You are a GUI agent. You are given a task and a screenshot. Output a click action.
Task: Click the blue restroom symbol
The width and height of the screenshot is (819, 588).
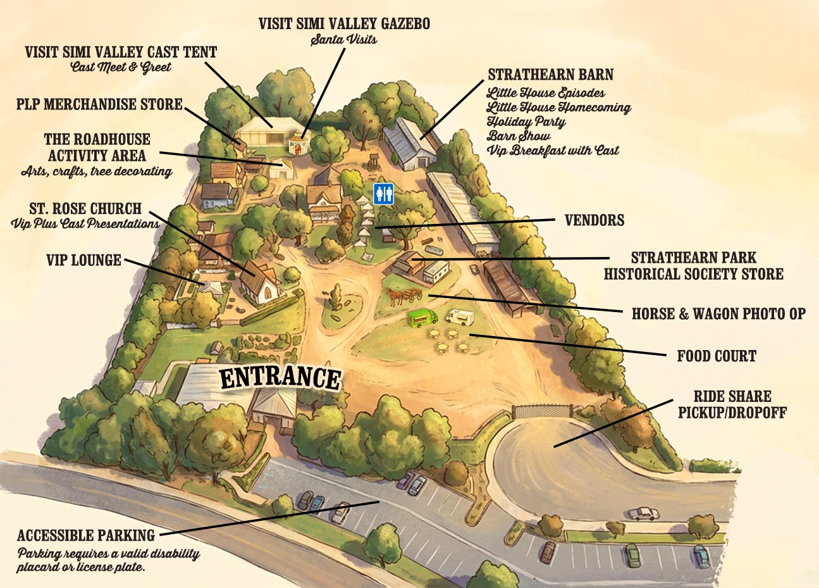coord(383,194)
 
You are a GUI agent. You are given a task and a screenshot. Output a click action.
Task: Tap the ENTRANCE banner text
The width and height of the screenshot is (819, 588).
coord(280,377)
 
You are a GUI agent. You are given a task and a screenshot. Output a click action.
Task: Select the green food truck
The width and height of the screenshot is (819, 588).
coord(422,318)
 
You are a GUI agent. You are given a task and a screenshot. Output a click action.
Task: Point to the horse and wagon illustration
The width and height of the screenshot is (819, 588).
coord(404,296)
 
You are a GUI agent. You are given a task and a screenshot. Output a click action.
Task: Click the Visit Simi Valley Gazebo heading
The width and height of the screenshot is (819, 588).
coord(344,23)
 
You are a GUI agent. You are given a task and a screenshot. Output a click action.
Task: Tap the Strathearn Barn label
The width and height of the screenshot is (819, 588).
coord(550,75)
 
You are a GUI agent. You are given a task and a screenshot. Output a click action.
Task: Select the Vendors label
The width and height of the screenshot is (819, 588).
coord(594,220)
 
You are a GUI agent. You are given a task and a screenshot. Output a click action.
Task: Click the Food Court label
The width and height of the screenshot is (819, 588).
coord(716,356)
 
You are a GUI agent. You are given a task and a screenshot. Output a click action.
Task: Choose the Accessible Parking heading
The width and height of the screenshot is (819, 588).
coord(86,535)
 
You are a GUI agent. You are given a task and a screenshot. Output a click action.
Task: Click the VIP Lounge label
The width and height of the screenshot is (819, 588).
coord(83,260)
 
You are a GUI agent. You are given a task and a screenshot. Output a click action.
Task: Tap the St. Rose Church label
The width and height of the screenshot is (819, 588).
coord(85,209)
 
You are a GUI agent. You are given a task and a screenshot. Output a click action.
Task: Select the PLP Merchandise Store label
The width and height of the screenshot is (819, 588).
coord(99,104)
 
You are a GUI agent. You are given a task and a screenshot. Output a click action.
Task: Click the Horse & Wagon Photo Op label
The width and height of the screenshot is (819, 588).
coord(718,313)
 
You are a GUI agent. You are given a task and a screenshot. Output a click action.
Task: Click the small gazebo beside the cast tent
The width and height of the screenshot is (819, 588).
coord(296,144)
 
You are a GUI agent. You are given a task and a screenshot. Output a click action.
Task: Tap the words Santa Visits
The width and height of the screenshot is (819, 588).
coord(343,40)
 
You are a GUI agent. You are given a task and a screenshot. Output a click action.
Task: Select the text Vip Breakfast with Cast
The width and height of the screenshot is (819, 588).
coord(552,150)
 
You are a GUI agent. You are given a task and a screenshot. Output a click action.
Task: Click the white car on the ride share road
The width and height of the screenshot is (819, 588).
coord(643,513)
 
